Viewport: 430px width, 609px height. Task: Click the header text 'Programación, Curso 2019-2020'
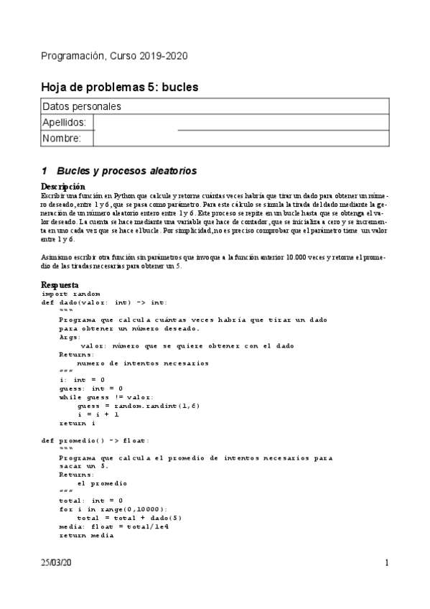point(115,56)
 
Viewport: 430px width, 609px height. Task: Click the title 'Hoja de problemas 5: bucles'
point(119,87)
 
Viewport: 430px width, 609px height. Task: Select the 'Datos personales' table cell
point(81,106)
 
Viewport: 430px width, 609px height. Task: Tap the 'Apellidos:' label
point(65,123)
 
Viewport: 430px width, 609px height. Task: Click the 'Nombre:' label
point(62,139)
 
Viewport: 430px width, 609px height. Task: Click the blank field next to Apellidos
point(241,123)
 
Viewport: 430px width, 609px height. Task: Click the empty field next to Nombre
point(241,139)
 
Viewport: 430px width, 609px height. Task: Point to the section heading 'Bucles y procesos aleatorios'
point(126,171)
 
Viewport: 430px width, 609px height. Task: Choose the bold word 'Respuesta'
point(60,285)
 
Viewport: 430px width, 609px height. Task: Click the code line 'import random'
point(71,294)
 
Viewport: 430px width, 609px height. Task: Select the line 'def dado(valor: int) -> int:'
point(103,302)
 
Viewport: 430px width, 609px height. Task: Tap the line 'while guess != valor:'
point(107,397)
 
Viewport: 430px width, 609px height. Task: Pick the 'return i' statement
point(78,423)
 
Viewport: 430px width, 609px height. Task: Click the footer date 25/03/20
point(56,563)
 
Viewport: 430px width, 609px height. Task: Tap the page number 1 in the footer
point(386,563)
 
